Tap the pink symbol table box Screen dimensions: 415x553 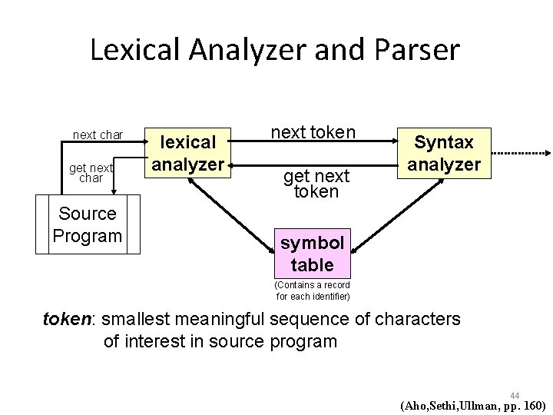313,253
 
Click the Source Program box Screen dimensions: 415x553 88,224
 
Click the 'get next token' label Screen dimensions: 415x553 316,184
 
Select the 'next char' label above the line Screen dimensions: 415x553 98,135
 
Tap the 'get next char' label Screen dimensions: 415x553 92,172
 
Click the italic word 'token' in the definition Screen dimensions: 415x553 66,319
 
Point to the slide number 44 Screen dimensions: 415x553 514,395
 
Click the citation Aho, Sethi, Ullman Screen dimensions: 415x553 472,406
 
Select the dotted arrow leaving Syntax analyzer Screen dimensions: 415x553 520,154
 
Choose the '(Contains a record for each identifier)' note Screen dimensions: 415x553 313,290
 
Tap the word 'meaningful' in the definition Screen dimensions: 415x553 224,319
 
